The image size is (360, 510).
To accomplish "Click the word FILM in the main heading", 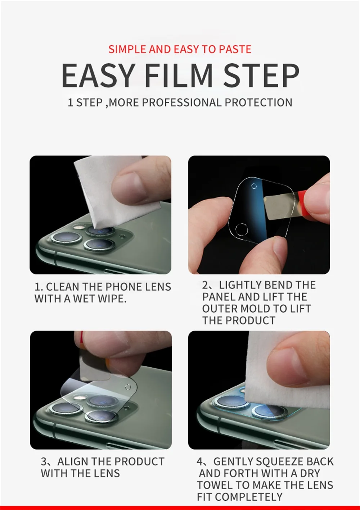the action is pos(179,76).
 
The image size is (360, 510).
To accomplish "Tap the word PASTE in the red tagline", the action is pos(235,49).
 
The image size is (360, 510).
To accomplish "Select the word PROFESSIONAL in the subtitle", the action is pos(181,103).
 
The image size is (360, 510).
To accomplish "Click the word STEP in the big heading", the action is pos(261,76).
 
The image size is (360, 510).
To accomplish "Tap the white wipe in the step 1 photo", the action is pos(116,191).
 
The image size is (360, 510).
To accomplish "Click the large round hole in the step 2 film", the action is pos(242,229).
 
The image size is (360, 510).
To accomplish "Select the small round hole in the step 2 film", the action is pos(254,186).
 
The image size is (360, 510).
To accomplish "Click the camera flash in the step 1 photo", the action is pos(77,227).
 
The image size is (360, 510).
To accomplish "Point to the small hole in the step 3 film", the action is pos(128,387).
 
